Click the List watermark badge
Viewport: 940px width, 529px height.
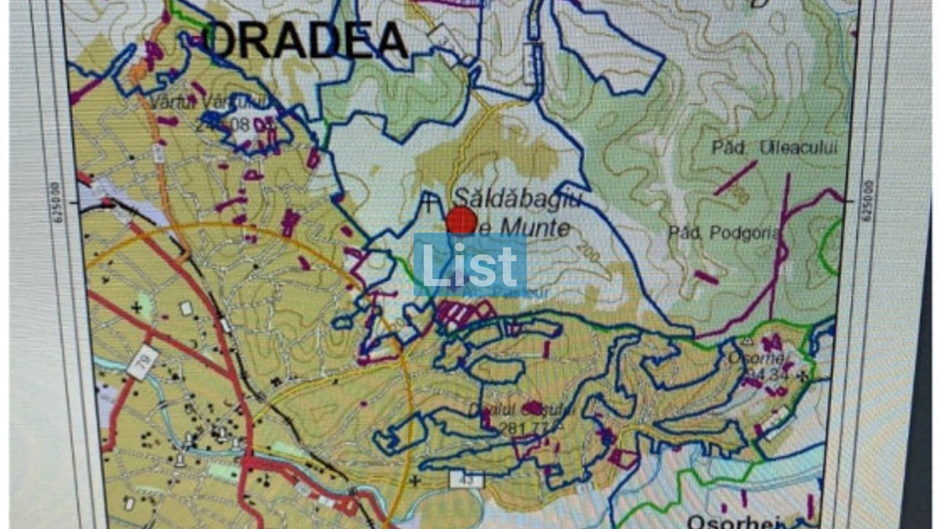click(x=470, y=265)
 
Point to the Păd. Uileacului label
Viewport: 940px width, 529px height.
click(x=775, y=148)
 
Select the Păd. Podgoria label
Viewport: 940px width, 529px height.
click(x=724, y=233)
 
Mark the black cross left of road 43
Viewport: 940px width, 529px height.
click(x=415, y=480)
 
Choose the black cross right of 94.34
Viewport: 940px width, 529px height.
click(x=802, y=376)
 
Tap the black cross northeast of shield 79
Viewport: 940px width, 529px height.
click(x=137, y=308)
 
